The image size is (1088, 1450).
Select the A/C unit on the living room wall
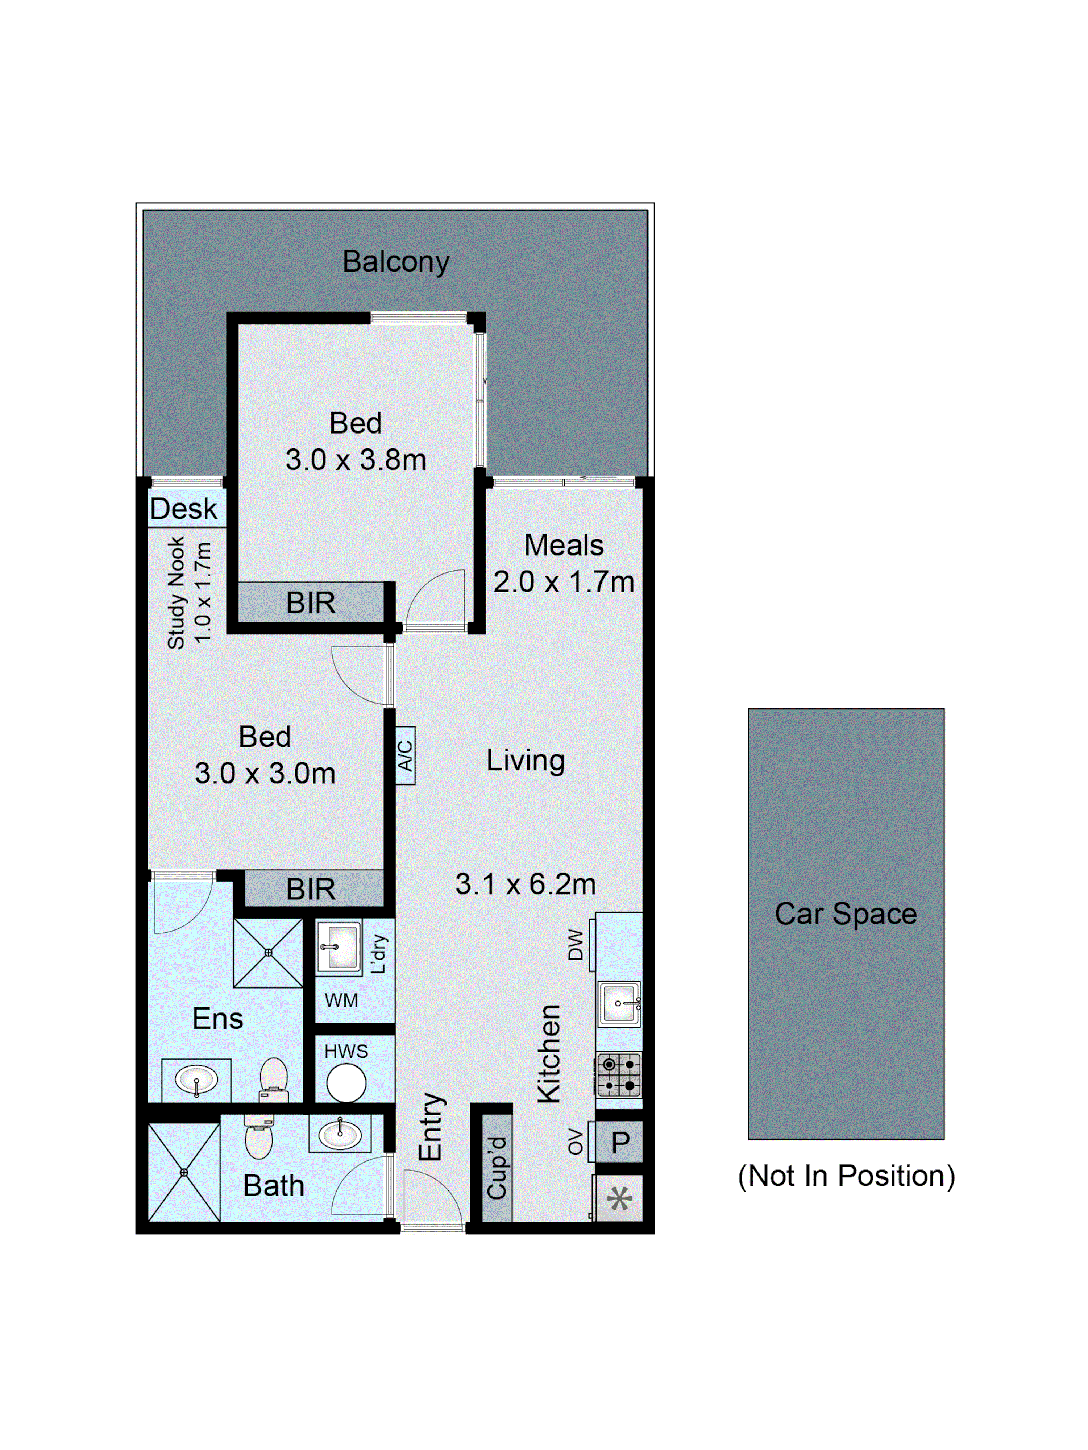[405, 755]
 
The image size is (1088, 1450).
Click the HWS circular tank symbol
[346, 1083]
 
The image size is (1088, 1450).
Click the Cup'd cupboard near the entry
[497, 1167]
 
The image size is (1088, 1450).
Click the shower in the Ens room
[268, 952]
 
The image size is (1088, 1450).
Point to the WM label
[341, 1000]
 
